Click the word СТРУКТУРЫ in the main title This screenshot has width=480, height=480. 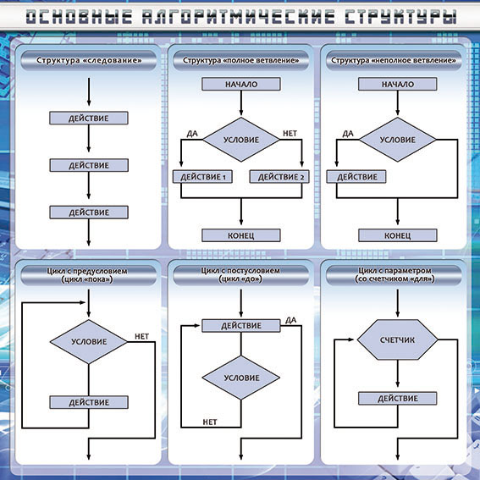400,17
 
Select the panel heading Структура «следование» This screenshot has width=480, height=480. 89,60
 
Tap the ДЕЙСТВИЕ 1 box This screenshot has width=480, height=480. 202,177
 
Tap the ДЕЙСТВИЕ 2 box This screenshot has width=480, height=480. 279,177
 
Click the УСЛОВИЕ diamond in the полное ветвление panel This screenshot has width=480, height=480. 241,140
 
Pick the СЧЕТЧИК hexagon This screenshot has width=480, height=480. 397,339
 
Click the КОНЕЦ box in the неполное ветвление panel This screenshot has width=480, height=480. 397,235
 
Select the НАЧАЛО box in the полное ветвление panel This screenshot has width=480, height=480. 241,84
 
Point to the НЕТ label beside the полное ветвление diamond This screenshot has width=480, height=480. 290,134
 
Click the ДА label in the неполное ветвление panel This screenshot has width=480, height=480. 348,134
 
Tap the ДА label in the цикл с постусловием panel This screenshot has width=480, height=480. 291,320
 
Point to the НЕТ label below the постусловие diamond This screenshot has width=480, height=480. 210,422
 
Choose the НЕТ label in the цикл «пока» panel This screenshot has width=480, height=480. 141,336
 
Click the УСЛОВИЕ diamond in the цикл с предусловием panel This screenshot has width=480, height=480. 89,342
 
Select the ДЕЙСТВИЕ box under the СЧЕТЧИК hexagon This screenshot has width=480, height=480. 397,398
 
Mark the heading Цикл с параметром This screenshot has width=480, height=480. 394,271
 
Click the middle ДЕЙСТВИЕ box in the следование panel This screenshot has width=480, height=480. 89,165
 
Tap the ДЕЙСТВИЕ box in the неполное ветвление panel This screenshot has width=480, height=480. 356,177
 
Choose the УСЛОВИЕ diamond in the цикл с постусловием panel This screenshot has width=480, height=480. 241,378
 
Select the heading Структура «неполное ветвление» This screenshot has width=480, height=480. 394,60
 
